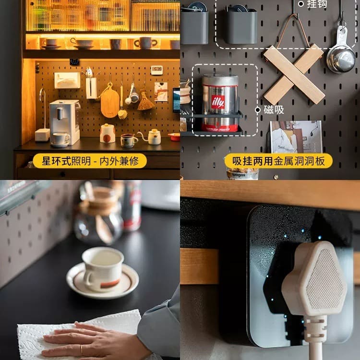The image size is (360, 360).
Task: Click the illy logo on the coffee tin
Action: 217,102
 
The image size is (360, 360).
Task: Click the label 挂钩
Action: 317,4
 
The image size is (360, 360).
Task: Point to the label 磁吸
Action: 274,110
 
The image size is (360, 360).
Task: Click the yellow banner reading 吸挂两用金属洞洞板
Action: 278,161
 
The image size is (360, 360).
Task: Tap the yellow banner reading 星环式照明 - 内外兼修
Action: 90,161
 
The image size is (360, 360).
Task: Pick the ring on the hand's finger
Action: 82,350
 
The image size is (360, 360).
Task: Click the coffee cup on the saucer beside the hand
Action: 103,269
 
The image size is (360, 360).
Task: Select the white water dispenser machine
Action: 65,122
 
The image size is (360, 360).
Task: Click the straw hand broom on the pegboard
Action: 146,101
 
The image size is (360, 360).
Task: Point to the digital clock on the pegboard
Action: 157,70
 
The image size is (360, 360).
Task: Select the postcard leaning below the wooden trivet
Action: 296,137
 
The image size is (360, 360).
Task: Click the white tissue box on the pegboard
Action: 67,80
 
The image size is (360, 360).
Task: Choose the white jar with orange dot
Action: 108,133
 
